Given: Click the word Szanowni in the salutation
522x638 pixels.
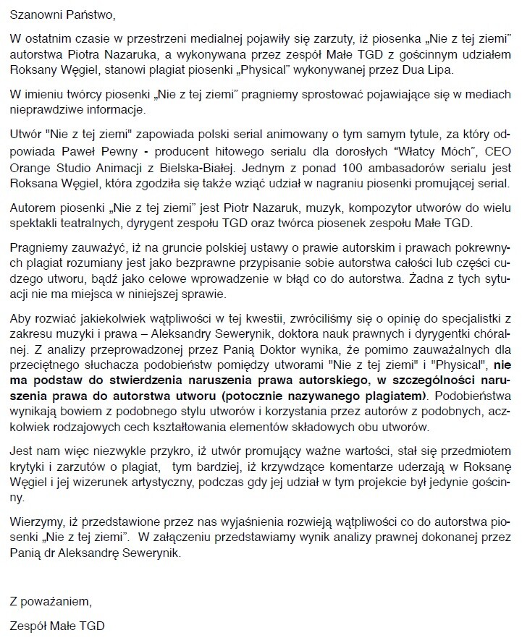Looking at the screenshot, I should pos(33,13).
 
